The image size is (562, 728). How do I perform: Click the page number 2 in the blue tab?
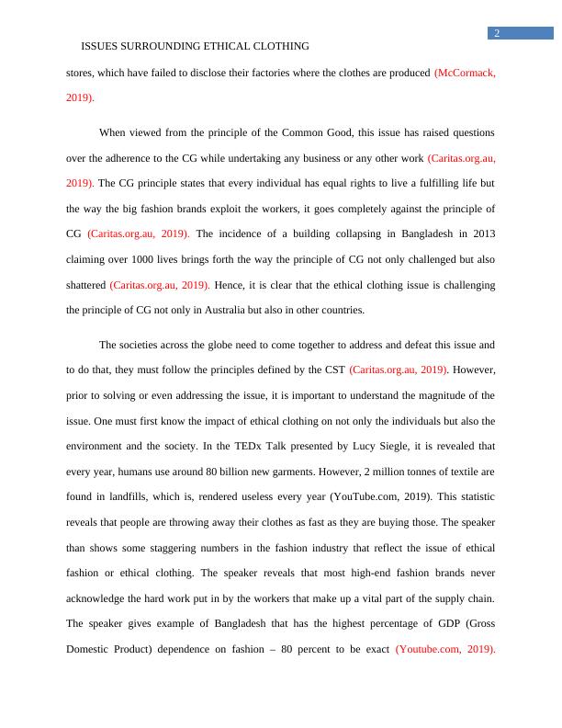[x=497, y=34]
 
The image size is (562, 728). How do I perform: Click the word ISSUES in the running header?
[x=100, y=46]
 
